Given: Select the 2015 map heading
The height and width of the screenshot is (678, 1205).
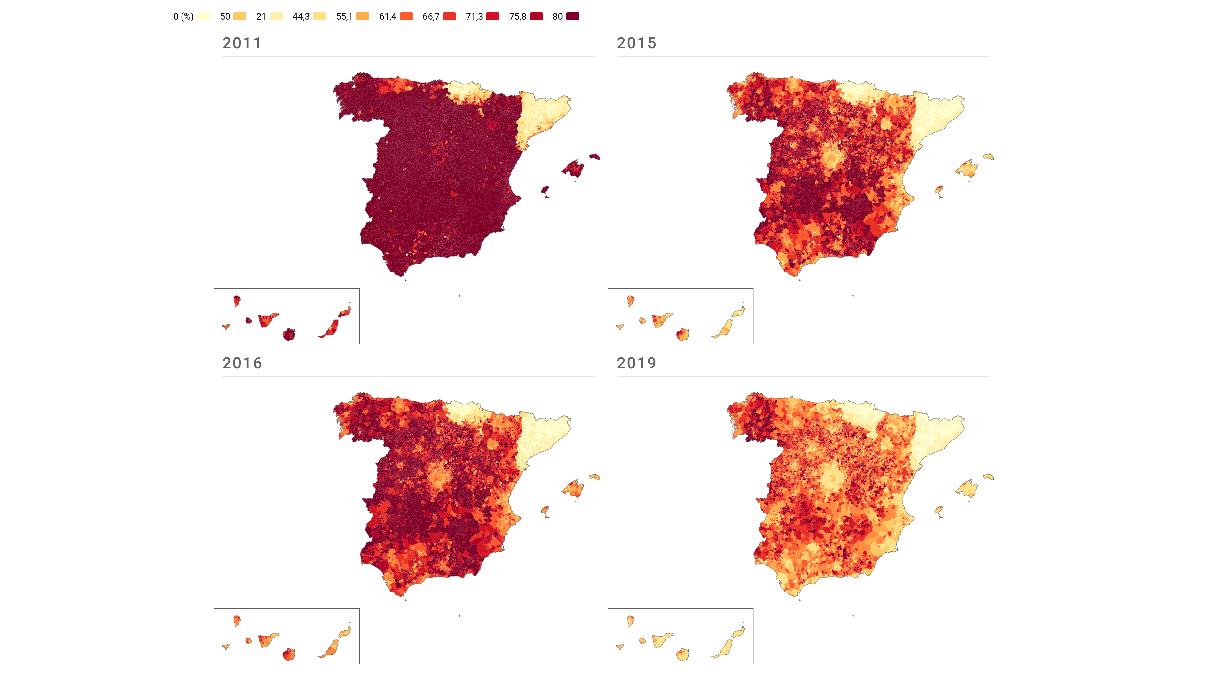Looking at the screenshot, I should coord(636,43).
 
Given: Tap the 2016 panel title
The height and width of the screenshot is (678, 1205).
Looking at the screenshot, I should coord(242,363).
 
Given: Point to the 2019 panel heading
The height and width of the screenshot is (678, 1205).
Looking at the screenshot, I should coord(636,363).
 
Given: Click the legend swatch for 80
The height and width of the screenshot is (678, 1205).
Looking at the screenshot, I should coord(573,16).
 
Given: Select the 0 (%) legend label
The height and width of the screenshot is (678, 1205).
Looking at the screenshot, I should coord(183,16).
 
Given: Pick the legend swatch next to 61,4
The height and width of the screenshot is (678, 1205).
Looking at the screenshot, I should coord(406,16).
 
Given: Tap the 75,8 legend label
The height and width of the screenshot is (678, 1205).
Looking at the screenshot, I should coord(517,16).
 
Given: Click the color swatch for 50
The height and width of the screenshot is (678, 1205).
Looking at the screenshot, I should coord(240,16).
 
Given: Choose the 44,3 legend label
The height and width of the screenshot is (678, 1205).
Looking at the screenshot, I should coord(301,16).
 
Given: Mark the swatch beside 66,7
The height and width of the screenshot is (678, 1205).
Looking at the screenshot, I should coord(450,16).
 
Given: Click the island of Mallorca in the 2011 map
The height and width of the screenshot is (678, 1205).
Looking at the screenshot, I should coord(574,168).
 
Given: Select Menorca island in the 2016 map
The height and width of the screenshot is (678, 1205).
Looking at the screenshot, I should coord(595,477).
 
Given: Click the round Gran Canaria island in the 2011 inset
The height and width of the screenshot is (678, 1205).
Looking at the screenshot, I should coord(289,334).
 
